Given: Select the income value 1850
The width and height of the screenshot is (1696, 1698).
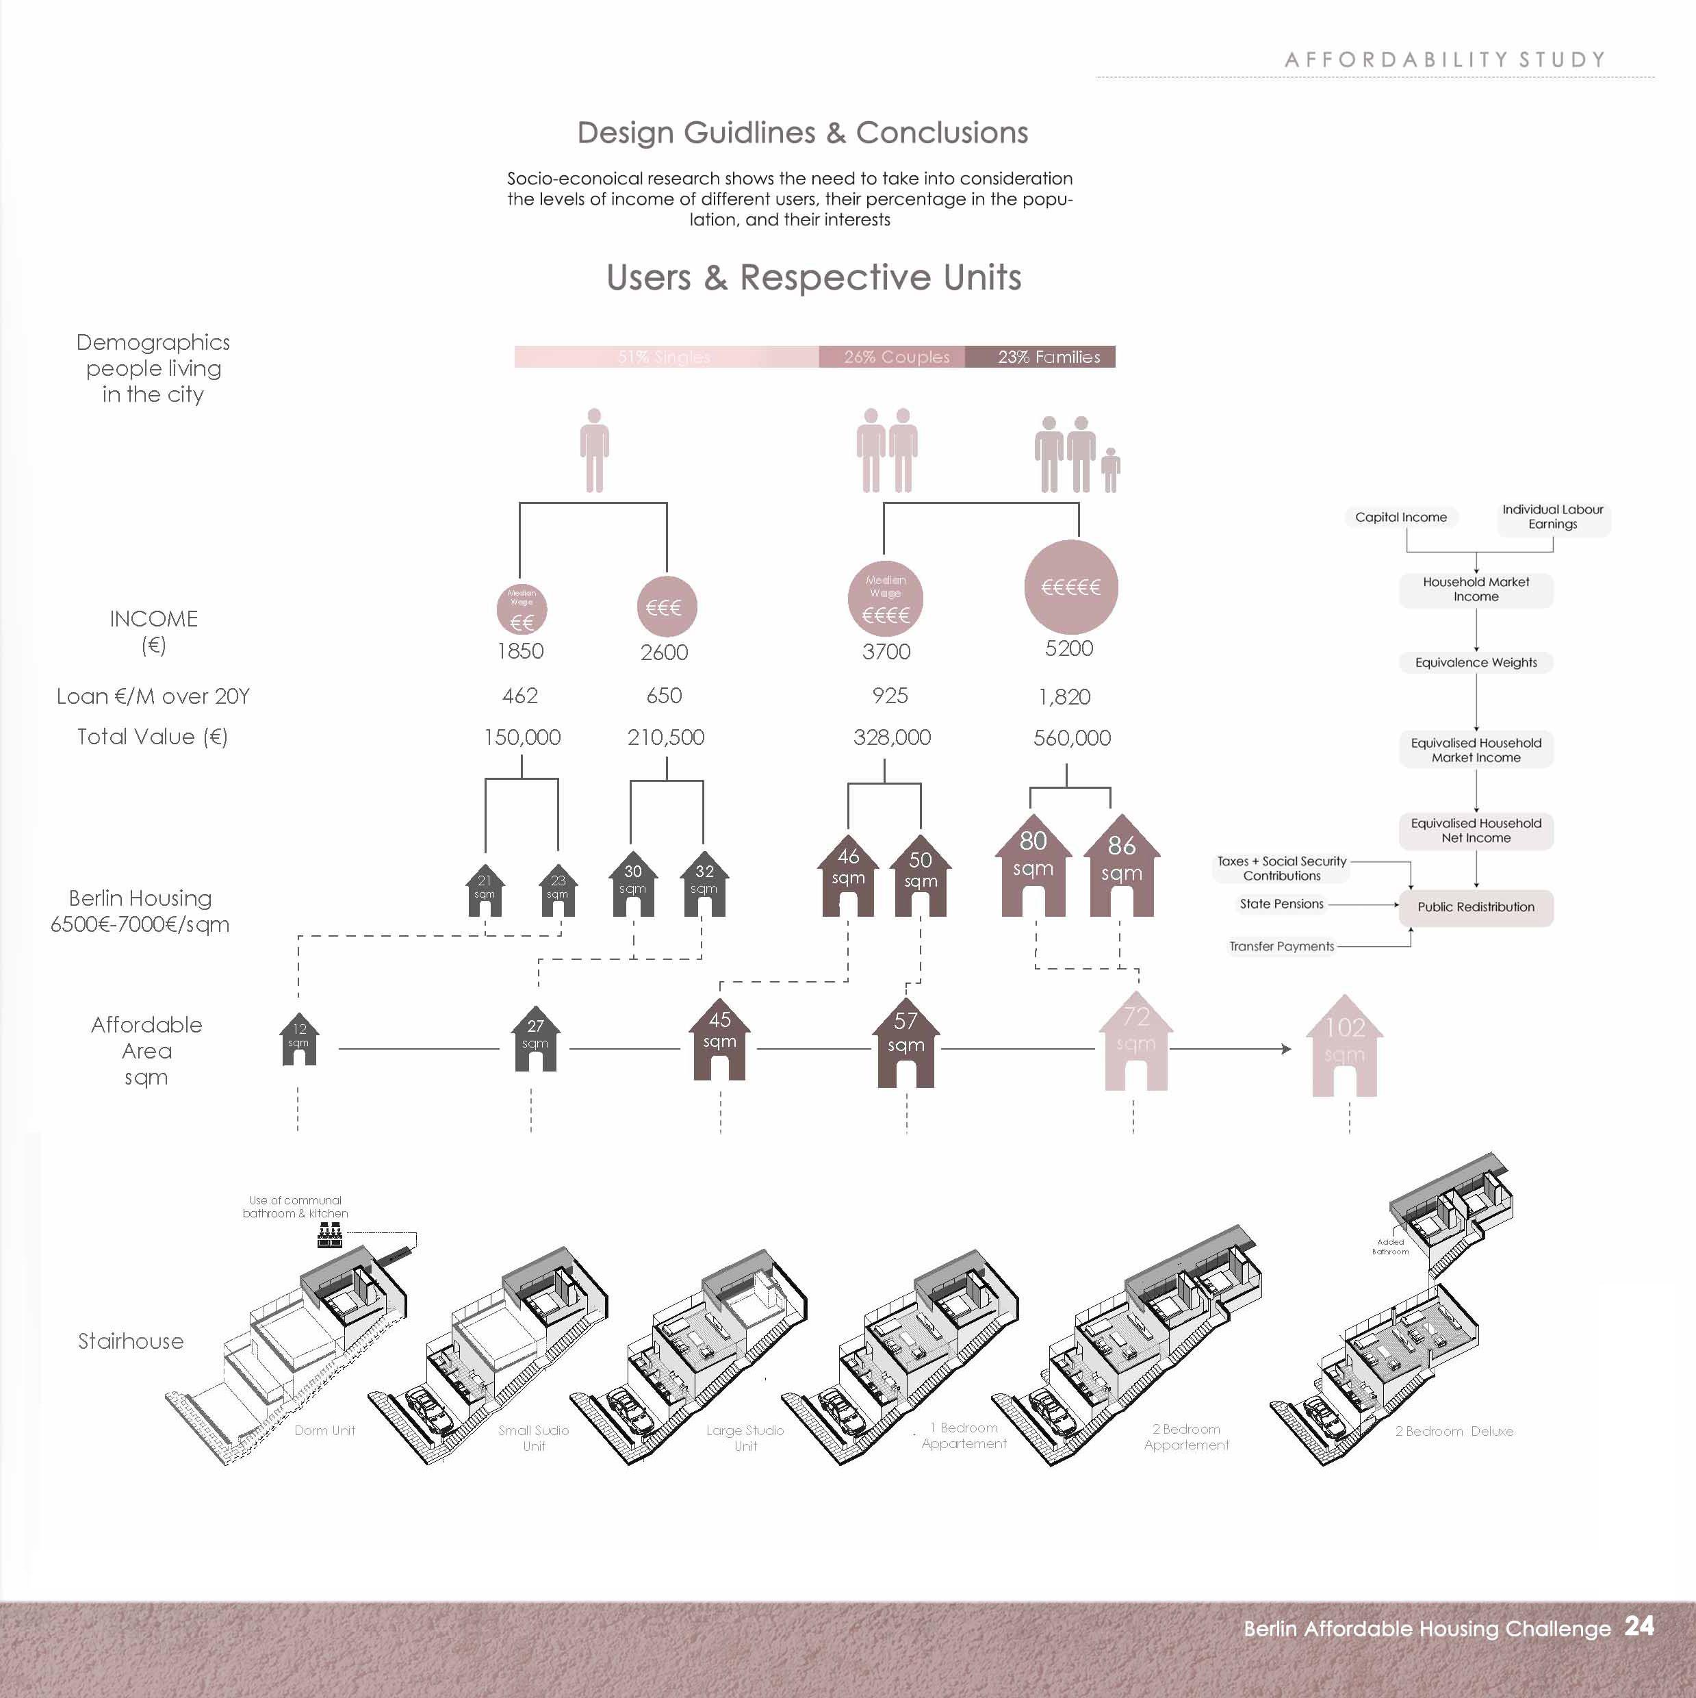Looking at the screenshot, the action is coord(520,651).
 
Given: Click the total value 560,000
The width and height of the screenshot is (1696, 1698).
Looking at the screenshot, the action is coord(1072,738).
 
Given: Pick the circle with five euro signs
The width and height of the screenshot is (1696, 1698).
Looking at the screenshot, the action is coord(1070,587).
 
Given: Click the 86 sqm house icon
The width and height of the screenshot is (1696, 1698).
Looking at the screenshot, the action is coord(1121,870).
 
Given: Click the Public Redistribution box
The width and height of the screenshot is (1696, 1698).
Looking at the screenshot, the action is coord(1476,907).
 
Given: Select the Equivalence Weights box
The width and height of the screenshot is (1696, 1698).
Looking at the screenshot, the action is coord(1476,663).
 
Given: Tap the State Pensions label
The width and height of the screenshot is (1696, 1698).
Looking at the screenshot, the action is coord(1281,904).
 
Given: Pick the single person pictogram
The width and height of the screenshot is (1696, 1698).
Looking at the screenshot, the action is coord(595,450).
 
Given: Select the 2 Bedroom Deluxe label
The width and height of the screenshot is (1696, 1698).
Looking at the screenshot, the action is coord(1454,1432).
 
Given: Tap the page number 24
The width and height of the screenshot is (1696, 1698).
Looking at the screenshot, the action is coord(1639,1626).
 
